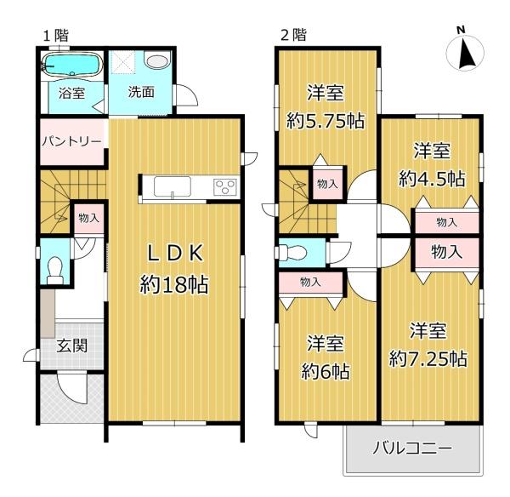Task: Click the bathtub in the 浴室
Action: (x=72, y=66)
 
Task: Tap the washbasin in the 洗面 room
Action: (x=157, y=61)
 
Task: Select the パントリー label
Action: (x=72, y=141)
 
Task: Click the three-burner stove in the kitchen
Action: (x=224, y=187)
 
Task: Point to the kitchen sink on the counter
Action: (x=172, y=186)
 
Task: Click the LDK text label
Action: (x=175, y=253)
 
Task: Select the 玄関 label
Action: (x=72, y=346)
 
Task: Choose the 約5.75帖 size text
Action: (x=325, y=121)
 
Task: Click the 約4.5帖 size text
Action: (x=432, y=179)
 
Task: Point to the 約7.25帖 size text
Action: (x=428, y=358)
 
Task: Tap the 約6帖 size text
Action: (x=326, y=372)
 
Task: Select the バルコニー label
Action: (x=412, y=448)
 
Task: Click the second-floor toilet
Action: (x=295, y=253)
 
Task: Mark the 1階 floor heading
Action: (x=56, y=36)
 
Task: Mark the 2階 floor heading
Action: (x=293, y=35)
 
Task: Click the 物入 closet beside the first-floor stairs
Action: (x=88, y=219)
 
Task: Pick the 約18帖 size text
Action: (x=174, y=285)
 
